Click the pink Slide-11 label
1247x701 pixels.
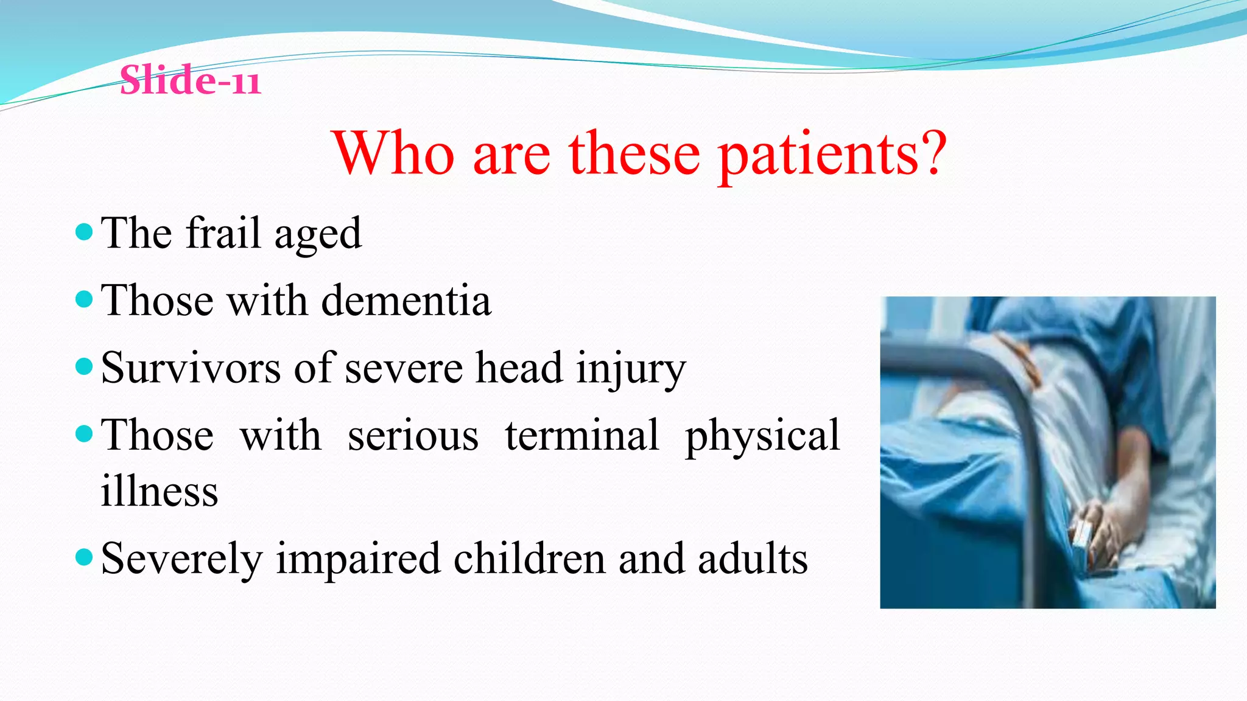pos(190,80)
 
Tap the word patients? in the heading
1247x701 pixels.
pos(832,155)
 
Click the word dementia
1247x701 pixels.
pos(406,301)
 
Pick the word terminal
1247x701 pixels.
pos(581,436)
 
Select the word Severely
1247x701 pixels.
pos(181,559)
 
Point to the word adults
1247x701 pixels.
pos(753,559)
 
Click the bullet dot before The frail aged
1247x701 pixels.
pos(84,232)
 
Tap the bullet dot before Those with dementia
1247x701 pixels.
pos(84,299)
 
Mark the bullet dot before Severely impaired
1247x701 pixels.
pos(84,557)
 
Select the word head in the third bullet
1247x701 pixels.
pos(519,368)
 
